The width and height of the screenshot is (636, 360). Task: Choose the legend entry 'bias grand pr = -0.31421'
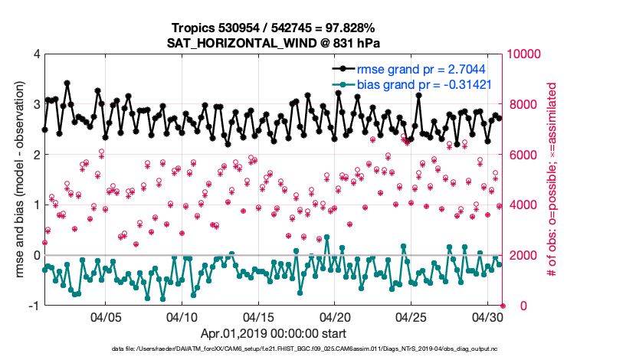(424, 84)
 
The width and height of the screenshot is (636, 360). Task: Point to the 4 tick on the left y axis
(36, 54)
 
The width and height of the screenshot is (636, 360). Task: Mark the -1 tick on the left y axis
(34, 306)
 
